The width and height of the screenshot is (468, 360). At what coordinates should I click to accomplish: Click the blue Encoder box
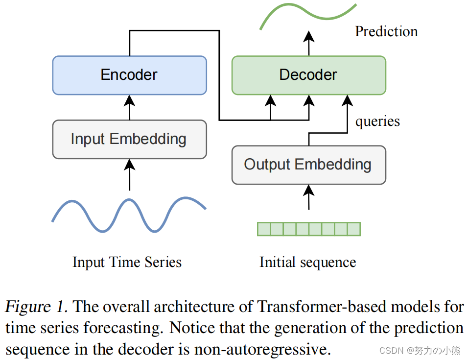click(x=129, y=75)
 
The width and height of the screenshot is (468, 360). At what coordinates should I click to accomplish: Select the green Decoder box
click(x=308, y=75)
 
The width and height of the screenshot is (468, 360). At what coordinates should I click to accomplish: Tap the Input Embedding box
click(x=129, y=139)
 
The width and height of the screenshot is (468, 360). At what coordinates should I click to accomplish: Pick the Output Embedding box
click(x=308, y=165)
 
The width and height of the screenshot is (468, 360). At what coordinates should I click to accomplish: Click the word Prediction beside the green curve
click(x=386, y=32)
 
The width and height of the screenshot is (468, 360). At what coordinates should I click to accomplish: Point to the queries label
click(x=377, y=121)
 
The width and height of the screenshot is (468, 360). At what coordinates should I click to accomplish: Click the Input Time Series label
click(x=127, y=262)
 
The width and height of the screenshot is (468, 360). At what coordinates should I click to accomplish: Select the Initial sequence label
click(x=307, y=262)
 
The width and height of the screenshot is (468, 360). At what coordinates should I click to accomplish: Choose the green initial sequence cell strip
click(x=308, y=229)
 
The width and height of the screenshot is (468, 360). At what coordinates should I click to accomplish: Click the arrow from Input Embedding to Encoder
click(x=129, y=107)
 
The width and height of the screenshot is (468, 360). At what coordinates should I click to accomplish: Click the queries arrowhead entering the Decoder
click(x=347, y=100)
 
